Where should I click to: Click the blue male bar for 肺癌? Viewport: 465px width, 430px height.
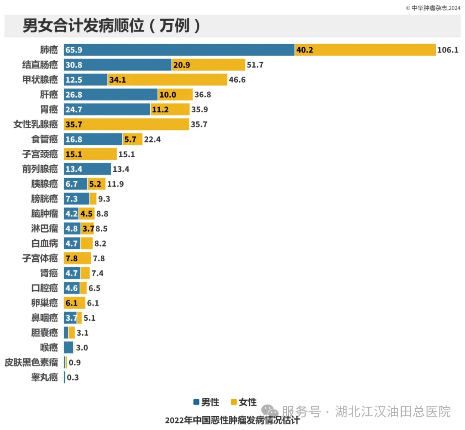coord(179,50)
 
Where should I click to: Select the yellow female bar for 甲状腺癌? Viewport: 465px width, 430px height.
coord(167,80)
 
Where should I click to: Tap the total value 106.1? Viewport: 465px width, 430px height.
coord(448,50)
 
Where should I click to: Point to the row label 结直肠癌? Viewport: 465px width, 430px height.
coord(40,65)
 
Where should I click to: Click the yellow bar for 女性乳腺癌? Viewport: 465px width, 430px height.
coord(126,124)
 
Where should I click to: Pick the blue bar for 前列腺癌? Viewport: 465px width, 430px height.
coord(87,169)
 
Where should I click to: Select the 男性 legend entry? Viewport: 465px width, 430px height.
coord(206,402)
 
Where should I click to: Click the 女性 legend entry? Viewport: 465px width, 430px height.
coord(244,402)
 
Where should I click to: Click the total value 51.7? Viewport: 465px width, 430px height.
coord(255,65)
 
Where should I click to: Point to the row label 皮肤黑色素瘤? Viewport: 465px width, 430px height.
coord(31,362)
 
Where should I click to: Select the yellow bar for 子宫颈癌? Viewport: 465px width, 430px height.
coord(90,154)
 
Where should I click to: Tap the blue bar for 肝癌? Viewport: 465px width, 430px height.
coord(111,95)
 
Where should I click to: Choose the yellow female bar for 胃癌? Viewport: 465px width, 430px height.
coord(170,109)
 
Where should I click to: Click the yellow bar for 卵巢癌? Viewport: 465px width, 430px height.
coord(74,303)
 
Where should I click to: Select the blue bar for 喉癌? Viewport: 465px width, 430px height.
coord(68,347)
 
